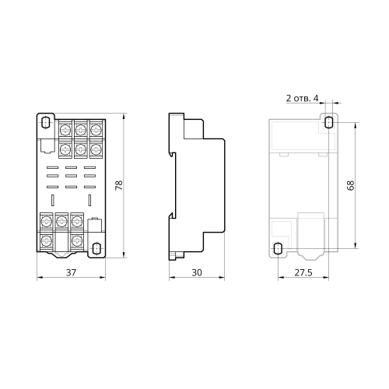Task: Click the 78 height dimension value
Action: pyautogui.click(x=119, y=185)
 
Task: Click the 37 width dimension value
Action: pyautogui.click(x=71, y=272)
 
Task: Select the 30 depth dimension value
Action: pyautogui.click(x=197, y=272)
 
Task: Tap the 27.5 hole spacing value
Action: pyautogui.click(x=303, y=272)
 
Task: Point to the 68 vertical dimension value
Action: pyautogui.click(x=350, y=185)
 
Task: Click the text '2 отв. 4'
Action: pyautogui.click(x=302, y=98)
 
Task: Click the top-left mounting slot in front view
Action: pyautogui.click(x=46, y=122)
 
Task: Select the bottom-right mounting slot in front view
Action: pyautogui.click(x=96, y=248)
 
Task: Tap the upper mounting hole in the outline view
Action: pyautogui.click(x=328, y=122)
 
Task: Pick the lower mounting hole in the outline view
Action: pyautogui.click(x=278, y=248)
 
